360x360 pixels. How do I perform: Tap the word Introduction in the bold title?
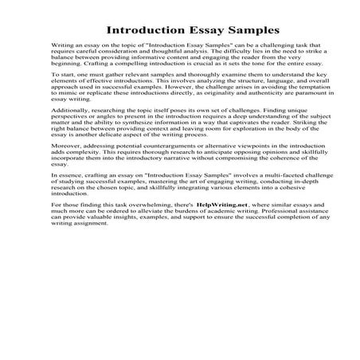pos(140,30)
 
